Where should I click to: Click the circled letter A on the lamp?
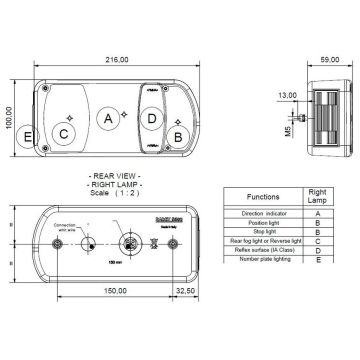pyautogui.click(x=108, y=119)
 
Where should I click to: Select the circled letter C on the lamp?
pyautogui.click(x=63, y=133)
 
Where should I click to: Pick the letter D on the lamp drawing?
pyautogui.click(x=151, y=119)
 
